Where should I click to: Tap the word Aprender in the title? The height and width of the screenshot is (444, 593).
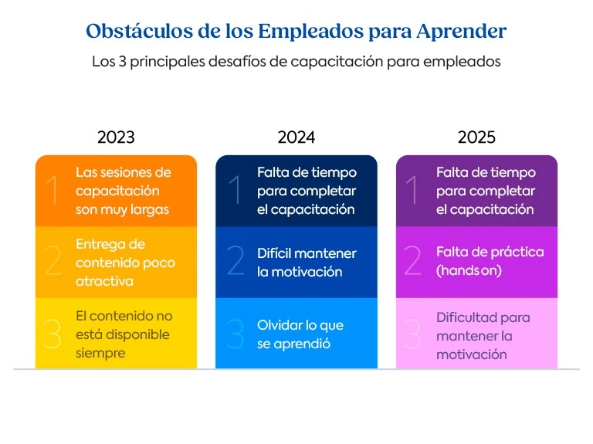462,32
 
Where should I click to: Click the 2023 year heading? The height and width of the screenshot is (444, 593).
116,137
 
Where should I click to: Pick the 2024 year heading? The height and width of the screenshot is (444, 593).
296,137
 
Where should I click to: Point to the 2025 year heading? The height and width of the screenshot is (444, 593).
476,137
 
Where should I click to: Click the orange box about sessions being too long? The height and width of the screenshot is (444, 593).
116,191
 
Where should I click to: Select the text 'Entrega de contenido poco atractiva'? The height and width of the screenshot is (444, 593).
125,263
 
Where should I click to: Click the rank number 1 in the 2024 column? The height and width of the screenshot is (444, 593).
236,191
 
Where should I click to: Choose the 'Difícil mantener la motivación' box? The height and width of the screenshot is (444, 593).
296,263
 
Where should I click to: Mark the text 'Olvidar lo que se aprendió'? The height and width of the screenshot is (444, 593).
300,334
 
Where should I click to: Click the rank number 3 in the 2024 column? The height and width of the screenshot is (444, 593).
236,334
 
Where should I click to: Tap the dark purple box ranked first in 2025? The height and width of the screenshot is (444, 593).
476,191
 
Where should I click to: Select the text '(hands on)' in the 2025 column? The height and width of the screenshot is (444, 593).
469,271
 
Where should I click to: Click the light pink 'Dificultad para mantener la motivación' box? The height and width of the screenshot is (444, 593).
476,334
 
